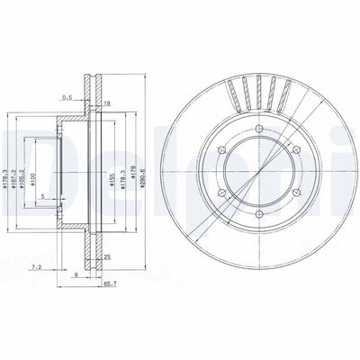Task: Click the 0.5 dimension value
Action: (x=67, y=97)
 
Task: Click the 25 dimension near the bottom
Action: (x=107, y=257)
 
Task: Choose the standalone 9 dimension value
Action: (x=77, y=274)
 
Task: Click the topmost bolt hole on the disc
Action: (x=256, y=130)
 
